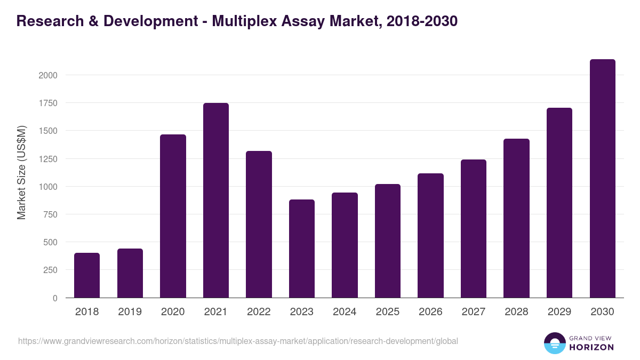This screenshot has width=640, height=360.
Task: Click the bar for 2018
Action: click(87, 275)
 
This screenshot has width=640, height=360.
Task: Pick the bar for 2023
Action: click(302, 249)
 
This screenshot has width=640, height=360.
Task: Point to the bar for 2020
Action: click(173, 216)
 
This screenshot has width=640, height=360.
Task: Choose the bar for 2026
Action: click(430, 235)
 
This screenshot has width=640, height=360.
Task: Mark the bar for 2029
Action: click(559, 203)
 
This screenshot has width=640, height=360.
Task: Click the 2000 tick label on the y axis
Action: click(48, 75)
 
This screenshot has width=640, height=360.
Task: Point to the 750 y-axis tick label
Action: click(50, 214)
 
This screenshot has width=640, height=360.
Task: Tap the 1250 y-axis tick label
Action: click(48, 159)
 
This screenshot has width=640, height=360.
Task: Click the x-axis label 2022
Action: click(259, 312)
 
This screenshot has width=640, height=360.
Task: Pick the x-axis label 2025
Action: click(388, 312)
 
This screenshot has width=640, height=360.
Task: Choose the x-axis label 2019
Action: click(130, 312)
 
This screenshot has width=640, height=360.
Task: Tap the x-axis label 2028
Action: click(516, 312)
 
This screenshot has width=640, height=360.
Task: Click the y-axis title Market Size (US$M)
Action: click(21, 173)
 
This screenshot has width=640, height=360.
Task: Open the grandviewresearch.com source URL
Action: click(238, 341)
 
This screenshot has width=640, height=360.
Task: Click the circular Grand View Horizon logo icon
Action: click(554, 343)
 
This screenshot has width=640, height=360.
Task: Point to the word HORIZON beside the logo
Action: click(591, 347)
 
